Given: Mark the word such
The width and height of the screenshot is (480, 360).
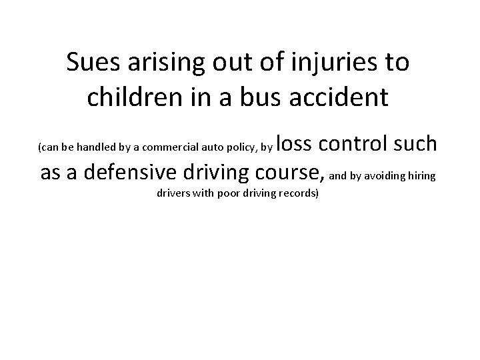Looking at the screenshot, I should pos(414,143).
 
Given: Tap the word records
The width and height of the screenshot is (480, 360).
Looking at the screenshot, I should pos(300,194).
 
